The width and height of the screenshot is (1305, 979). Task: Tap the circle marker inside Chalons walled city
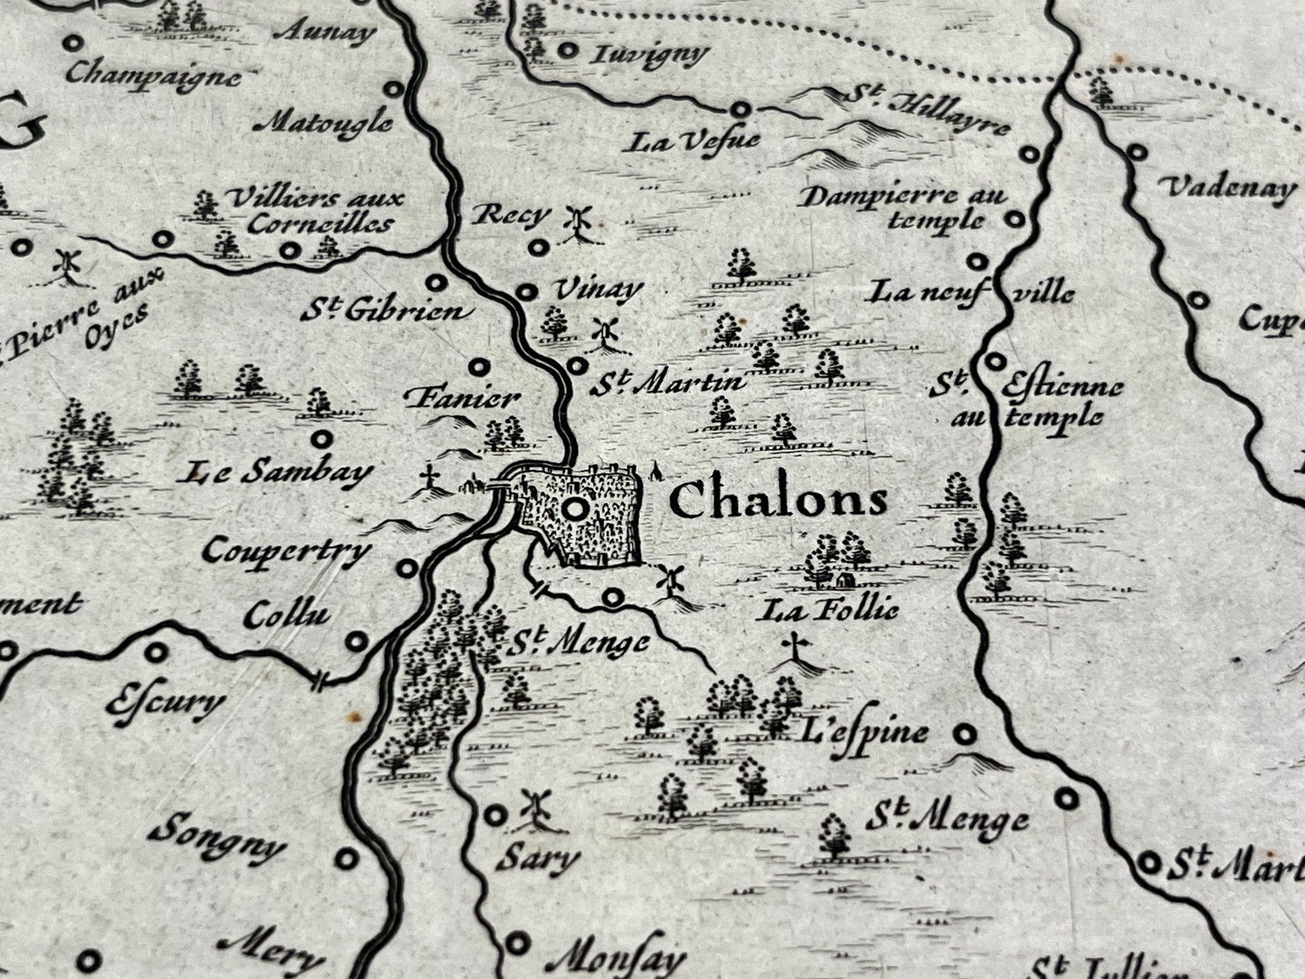pos(574,510)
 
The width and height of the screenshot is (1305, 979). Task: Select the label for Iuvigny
pos(639,54)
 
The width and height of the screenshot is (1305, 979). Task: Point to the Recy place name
pos(510,215)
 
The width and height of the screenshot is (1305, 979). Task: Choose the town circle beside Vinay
pos(528,292)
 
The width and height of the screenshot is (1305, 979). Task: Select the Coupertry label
pos(287,552)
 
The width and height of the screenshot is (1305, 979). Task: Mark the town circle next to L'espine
pos(965,734)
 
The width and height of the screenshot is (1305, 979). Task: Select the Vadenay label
pos(1229,188)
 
